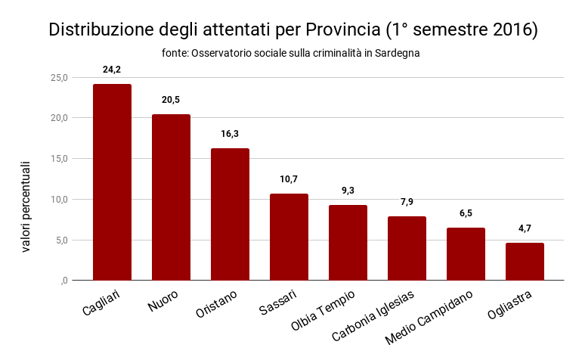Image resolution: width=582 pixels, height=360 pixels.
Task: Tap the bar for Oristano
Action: point(230,214)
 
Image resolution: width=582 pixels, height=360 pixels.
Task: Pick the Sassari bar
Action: point(289,237)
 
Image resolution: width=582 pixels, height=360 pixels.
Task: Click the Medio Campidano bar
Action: point(466,253)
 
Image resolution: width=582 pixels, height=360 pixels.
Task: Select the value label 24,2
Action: point(112,70)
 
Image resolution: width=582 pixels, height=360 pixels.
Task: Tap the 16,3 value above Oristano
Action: point(230,134)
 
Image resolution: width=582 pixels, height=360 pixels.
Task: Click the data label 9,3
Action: point(348,191)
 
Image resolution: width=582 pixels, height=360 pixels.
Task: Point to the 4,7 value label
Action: point(525,228)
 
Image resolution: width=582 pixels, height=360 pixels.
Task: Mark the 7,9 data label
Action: point(407,202)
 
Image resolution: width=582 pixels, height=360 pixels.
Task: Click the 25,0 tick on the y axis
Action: point(59,77)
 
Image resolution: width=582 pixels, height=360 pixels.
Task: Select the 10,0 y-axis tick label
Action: point(59,199)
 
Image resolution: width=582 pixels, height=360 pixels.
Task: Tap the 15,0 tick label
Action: point(59,159)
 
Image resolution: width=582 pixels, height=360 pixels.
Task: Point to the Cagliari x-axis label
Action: point(101,299)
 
